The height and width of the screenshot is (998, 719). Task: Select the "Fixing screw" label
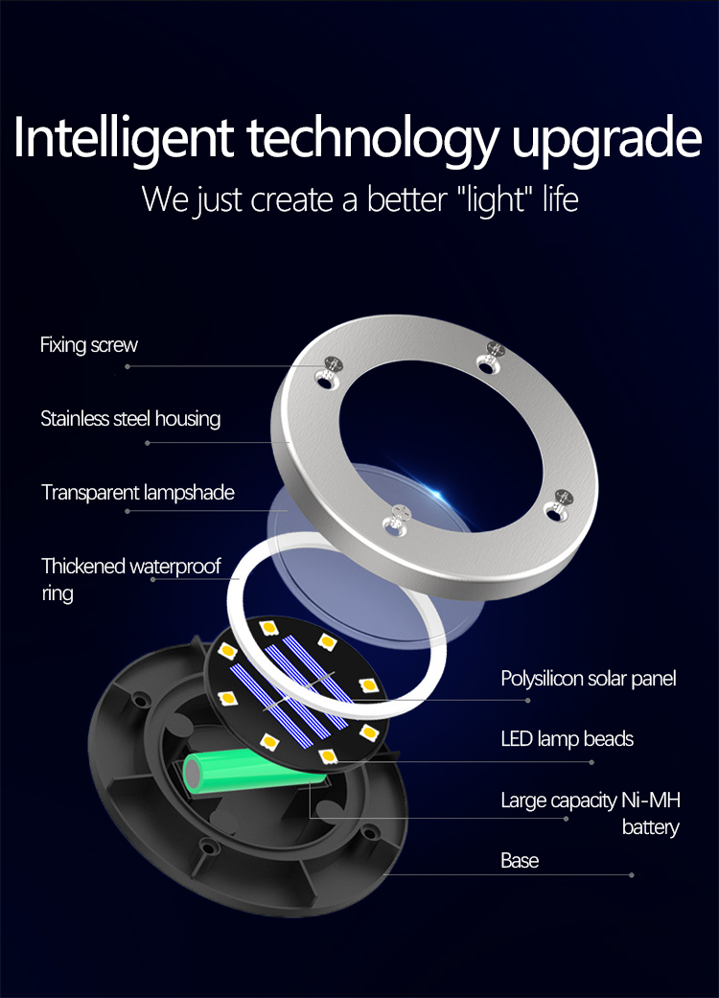tap(88, 345)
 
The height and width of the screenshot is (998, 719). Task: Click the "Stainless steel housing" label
tap(130, 419)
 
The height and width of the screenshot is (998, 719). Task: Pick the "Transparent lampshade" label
tap(137, 493)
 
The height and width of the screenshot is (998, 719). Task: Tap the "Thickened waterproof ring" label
tap(131, 579)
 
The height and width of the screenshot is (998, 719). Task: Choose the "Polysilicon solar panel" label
tap(589, 679)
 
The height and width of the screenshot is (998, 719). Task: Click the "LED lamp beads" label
tap(567, 739)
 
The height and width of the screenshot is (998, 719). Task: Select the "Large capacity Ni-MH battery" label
tap(591, 813)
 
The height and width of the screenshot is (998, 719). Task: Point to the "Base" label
tap(520, 861)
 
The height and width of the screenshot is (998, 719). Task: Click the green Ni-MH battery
tap(254, 769)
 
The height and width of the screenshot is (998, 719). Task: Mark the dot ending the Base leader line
tap(631, 875)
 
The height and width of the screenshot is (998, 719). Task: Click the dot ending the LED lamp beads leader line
tap(591, 762)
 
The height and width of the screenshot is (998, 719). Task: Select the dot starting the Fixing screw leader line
tap(128, 366)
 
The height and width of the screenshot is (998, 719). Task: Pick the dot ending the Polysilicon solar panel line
tap(527, 700)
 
